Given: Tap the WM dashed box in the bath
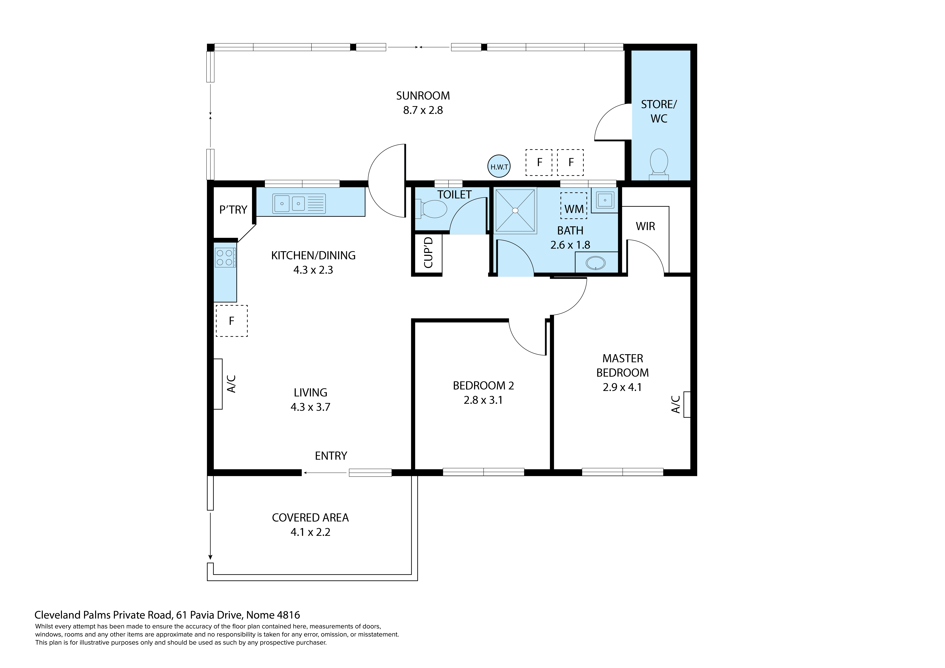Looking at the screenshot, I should tap(574, 205).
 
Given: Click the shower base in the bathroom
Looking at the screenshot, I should tap(515, 211).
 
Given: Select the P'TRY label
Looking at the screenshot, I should tap(233, 210).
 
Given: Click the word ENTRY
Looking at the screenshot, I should tap(331, 456).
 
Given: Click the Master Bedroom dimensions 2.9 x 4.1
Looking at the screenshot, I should tap(622, 387).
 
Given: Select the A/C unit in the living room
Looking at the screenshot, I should tap(218, 384).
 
